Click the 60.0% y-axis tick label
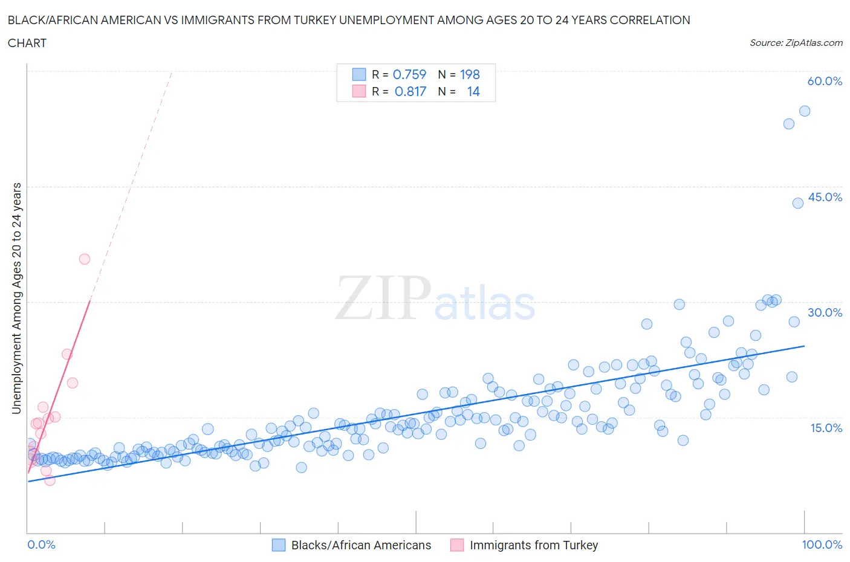pyautogui.click(x=825, y=82)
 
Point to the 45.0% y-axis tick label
pyautogui.click(x=825, y=198)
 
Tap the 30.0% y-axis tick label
pyautogui.click(x=825, y=313)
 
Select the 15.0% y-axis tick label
pyautogui.click(x=825, y=428)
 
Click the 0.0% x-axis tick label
pyautogui.click(x=41, y=544)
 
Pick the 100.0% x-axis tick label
pyautogui.click(x=822, y=544)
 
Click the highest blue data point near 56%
pyautogui.click(x=805, y=111)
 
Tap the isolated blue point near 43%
pyautogui.click(x=798, y=203)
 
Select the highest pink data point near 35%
pyautogui.click(x=85, y=259)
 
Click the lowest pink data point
pyautogui.click(x=50, y=480)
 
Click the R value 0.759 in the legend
pyautogui.click(x=409, y=74)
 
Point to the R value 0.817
pyautogui.click(x=410, y=91)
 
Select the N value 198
pyautogui.click(x=470, y=74)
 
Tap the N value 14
pyautogui.click(x=473, y=91)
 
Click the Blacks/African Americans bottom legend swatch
pyautogui.click(x=279, y=545)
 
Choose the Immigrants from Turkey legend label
pyautogui.click(x=533, y=545)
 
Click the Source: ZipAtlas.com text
pyautogui.click(x=796, y=43)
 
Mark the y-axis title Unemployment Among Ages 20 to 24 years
pyautogui.click(x=17, y=298)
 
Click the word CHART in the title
pyautogui.click(x=27, y=43)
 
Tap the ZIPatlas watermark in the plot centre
pyautogui.click(x=435, y=299)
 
